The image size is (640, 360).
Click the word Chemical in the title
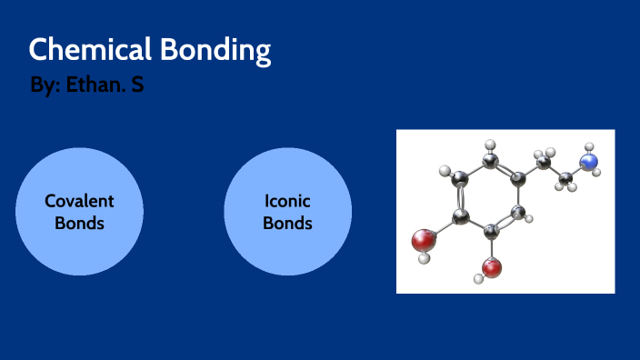click(78, 49)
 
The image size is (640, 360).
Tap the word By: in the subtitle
click(45, 87)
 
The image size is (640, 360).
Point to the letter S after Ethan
click(137, 86)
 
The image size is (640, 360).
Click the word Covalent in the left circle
click(80, 201)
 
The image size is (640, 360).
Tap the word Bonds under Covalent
click(80, 223)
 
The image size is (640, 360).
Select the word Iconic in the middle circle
click(287, 201)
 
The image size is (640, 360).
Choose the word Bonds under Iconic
click(287, 223)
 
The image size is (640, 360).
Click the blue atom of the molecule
click(590, 163)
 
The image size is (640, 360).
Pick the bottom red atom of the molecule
click(492, 267)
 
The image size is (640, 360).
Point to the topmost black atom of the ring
click(491, 162)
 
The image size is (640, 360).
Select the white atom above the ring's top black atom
click(491, 144)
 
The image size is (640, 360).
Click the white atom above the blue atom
click(589, 146)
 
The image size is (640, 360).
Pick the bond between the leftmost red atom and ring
click(443, 229)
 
